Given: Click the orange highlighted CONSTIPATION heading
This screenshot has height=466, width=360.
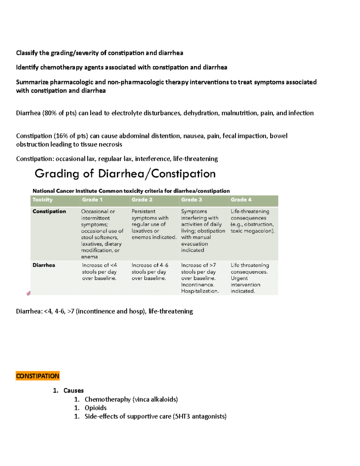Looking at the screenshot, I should (x=37, y=376).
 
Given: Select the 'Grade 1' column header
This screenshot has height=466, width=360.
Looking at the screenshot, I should (x=92, y=200).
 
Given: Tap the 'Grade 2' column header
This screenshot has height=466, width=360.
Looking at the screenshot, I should (x=142, y=200).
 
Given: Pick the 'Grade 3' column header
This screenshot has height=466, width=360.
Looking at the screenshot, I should (x=191, y=200).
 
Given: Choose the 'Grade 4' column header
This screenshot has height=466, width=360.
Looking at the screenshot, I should (x=241, y=200).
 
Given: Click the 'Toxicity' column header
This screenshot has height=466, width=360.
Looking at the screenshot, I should (x=42, y=200).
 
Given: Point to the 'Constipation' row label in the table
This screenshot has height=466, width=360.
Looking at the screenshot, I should (x=49, y=211).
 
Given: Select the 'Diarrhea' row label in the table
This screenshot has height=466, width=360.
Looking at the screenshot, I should (x=44, y=265).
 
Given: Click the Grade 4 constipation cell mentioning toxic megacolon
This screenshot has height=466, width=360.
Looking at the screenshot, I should (x=252, y=221).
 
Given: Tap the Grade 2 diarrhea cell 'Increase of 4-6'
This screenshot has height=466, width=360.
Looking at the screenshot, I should (x=150, y=272).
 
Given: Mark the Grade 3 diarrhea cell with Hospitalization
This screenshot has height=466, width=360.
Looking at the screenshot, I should (x=200, y=278).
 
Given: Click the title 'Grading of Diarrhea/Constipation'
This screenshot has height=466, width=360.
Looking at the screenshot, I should (x=125, y=174).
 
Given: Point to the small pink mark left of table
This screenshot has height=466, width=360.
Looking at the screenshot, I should (x=29, y=293).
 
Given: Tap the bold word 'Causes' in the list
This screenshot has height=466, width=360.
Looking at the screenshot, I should (x=73, y=390).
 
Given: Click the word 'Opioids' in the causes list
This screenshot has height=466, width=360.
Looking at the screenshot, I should (x=95, y=408).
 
